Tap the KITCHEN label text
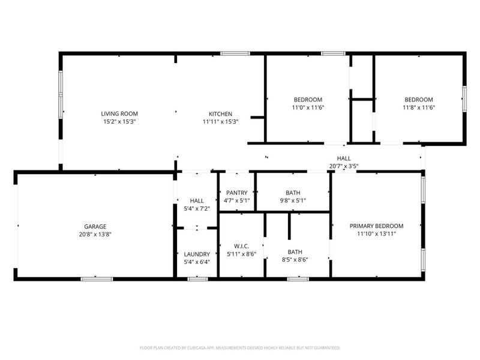pos(220,114)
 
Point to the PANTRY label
pos(236,193)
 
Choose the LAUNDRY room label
pos(197,254)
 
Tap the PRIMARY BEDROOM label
pos(376,226)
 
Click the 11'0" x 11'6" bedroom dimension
pos(308,107)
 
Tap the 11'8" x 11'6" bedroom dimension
pos(418,107)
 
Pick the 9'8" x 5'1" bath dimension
pos(293,200)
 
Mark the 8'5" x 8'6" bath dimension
pos(295,260)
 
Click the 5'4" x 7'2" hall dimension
pos(197,208)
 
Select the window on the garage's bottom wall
pos(97,278)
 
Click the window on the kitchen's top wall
pos(235,53)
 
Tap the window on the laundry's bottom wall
pos(197,278)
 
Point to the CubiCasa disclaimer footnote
pos(240,347)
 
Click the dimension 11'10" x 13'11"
pos(376,234)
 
